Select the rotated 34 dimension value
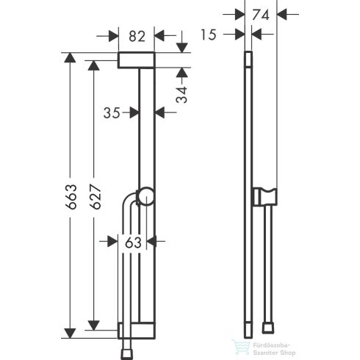click(184, 93)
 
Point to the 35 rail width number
click(112, 112)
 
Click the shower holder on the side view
click(260, 197)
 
